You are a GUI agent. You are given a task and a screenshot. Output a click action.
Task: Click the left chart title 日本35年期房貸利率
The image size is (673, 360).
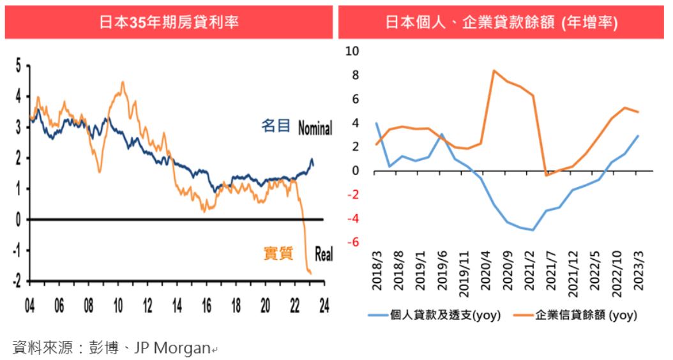pyautogui.click(x=169, y=22)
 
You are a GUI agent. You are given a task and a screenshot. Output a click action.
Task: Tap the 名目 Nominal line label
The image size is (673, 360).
pyautogui.click(x=297, y=127)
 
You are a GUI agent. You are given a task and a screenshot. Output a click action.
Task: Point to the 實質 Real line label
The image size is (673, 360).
pyautogui.click(x=298, y=254)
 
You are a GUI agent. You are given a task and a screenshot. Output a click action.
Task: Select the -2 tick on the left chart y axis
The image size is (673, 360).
pyautogui.click(x=17, y=281)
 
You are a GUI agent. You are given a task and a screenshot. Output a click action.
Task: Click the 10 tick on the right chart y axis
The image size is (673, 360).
pyautogui.click(x=352, y=51)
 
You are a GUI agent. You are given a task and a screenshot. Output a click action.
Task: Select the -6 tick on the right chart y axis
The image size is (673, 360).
pyautogui.click(x=352, y=243)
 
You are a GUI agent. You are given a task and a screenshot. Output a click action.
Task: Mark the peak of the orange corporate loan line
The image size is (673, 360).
pyautogui.click(x=494, y=70)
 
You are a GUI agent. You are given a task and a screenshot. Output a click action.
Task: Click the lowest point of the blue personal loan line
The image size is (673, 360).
pyautogui.click(x=533, y=230)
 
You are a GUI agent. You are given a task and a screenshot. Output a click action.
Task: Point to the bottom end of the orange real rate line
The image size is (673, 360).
pyautogui.click(x=311, y=274)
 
